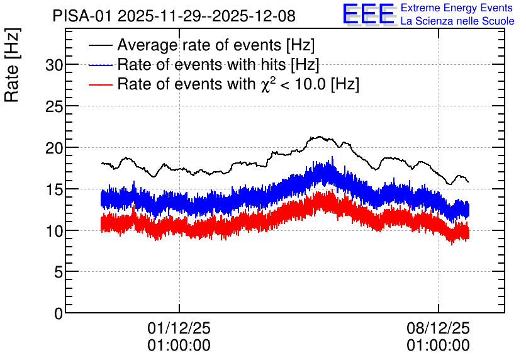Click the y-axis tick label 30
click(x=54, y=65)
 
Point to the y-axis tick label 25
click(x=54, y=106)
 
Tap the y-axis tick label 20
click(x=54, y=148)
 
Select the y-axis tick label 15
click(x=54, y=189)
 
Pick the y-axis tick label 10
click(x=54, y=231)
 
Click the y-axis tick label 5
click(x=59, y=272)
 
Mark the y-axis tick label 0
click(x=59, y=313)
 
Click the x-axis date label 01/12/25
click(x=179, y=328)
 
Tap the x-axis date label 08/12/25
click(x=438, y=328)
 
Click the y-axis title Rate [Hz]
click(x=12, y=65)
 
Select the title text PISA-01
click(x=82, y=16)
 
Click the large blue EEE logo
click(x=369, y=14)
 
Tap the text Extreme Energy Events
click(x=456, y=8)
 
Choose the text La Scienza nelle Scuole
click(x=457, y=21)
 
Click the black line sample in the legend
click(x=100, y=45)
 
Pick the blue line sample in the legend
click(x=100, y=65)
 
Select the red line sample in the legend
click(x=100, y=84)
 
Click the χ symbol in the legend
click(x=266, y=86)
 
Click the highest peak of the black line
click(x=319, y=137)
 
